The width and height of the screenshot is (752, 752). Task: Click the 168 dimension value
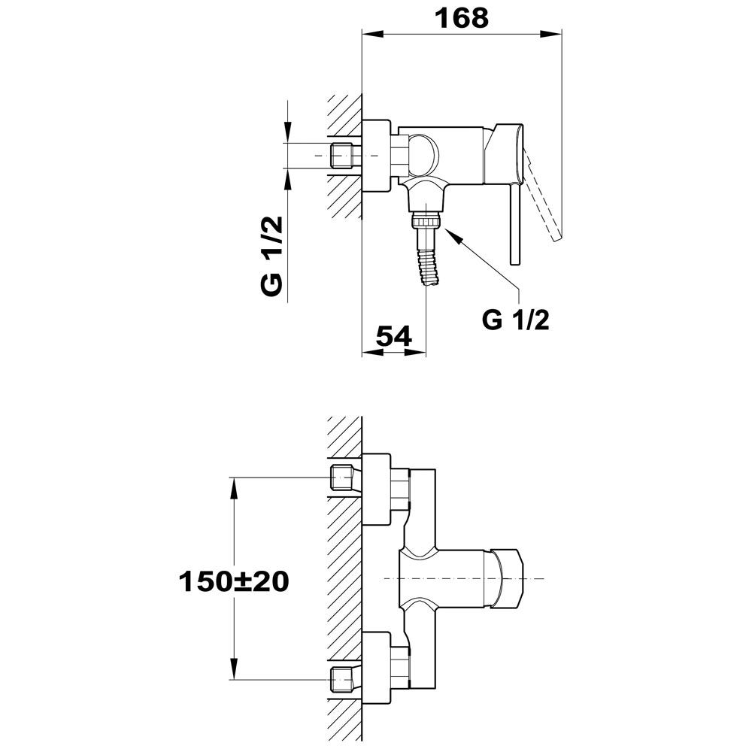(462, 18)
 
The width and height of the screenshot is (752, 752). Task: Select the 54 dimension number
(394, 336)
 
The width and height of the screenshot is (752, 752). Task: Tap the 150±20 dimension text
(234, 582)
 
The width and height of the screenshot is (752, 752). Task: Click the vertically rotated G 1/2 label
(272, 256)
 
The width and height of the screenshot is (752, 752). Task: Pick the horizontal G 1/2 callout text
(516, 320)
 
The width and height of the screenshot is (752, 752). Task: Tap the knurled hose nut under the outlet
(426, 222)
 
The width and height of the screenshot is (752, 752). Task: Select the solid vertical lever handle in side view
(514, 224)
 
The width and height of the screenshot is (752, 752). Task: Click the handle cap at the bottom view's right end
(508, 579)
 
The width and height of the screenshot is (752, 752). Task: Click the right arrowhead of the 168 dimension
(550, 34)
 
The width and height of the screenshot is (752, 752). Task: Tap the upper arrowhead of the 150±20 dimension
(234, 489)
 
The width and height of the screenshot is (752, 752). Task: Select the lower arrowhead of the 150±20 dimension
(234, 669)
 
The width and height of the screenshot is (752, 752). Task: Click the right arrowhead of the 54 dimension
(415, 352)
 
